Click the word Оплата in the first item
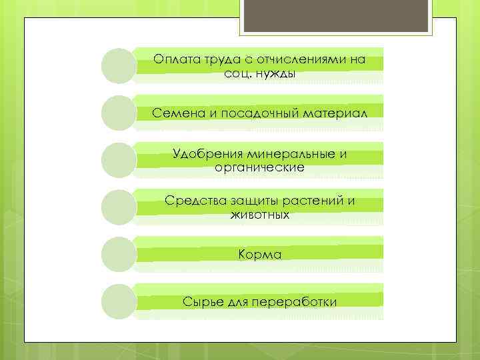click(x=173, y=59)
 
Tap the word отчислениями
click(x=292, y=59)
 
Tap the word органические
click(x=260, y=167)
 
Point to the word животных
click(x=260, y=215)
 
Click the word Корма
click(x=260, y=255)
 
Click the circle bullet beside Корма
click(x=119, y=255)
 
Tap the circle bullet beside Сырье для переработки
click(x=119, y=302)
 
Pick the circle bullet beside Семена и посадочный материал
click(x=119, y=113)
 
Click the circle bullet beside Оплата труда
click(x=119, y=66)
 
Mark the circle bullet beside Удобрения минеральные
click(x=119, y=161)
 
